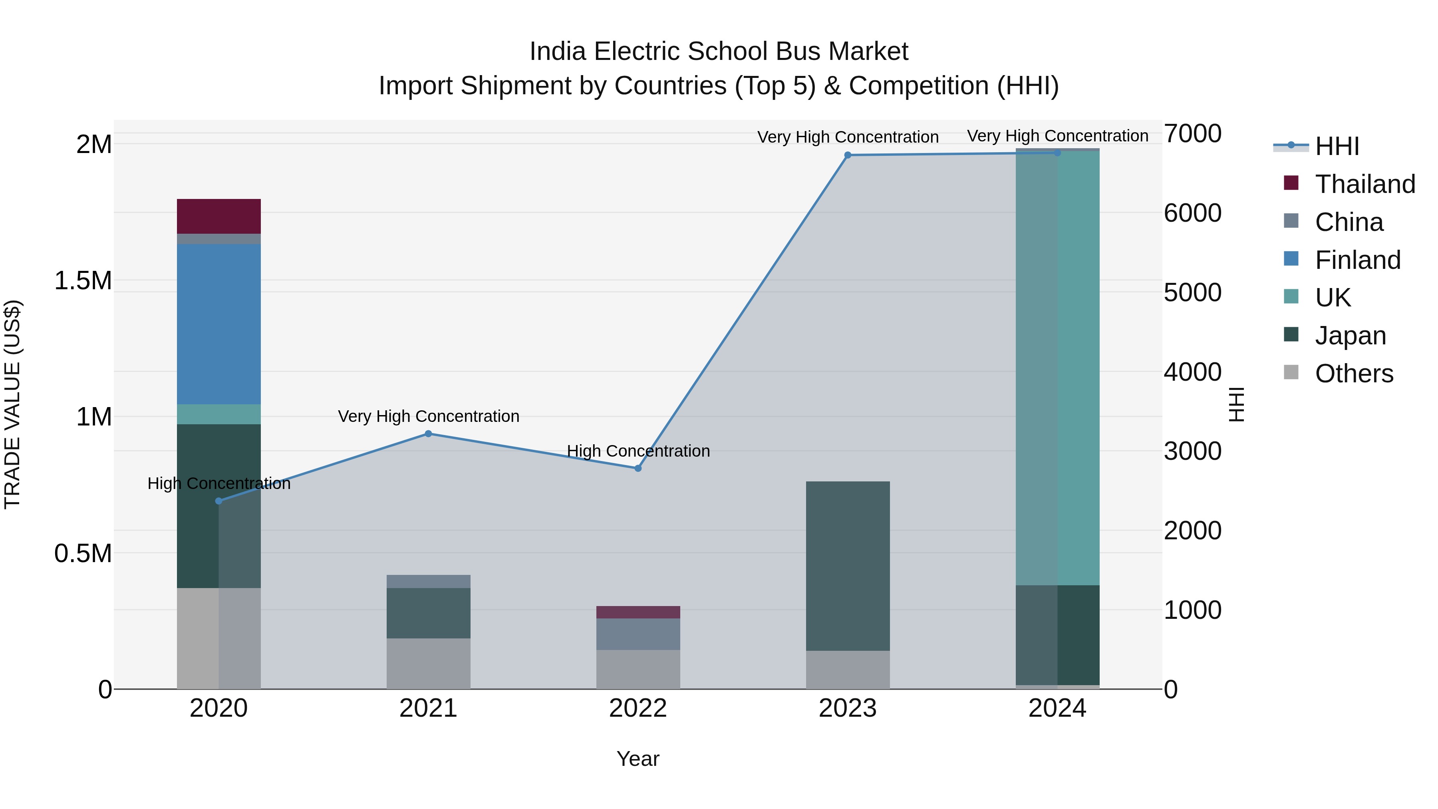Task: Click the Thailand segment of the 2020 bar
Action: (219, 216)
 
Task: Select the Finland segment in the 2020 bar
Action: (219, 324)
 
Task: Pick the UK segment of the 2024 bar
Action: (1057, 368)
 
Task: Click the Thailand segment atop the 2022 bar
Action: (638, 612)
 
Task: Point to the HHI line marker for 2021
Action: (428, 434)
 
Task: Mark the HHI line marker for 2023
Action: (847, 155)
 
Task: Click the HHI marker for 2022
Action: (638, 469)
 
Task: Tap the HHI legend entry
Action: (1337, 146)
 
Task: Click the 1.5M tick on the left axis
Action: (83, 281)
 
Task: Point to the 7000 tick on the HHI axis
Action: (1192, 134)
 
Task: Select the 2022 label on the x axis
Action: (638, 708)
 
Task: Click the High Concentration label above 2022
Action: (638, 451)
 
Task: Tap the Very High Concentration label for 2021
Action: (428, 417)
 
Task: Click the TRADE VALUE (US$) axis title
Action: (12, 404)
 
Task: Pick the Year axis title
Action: (638, 759)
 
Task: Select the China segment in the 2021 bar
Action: (428, 581)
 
